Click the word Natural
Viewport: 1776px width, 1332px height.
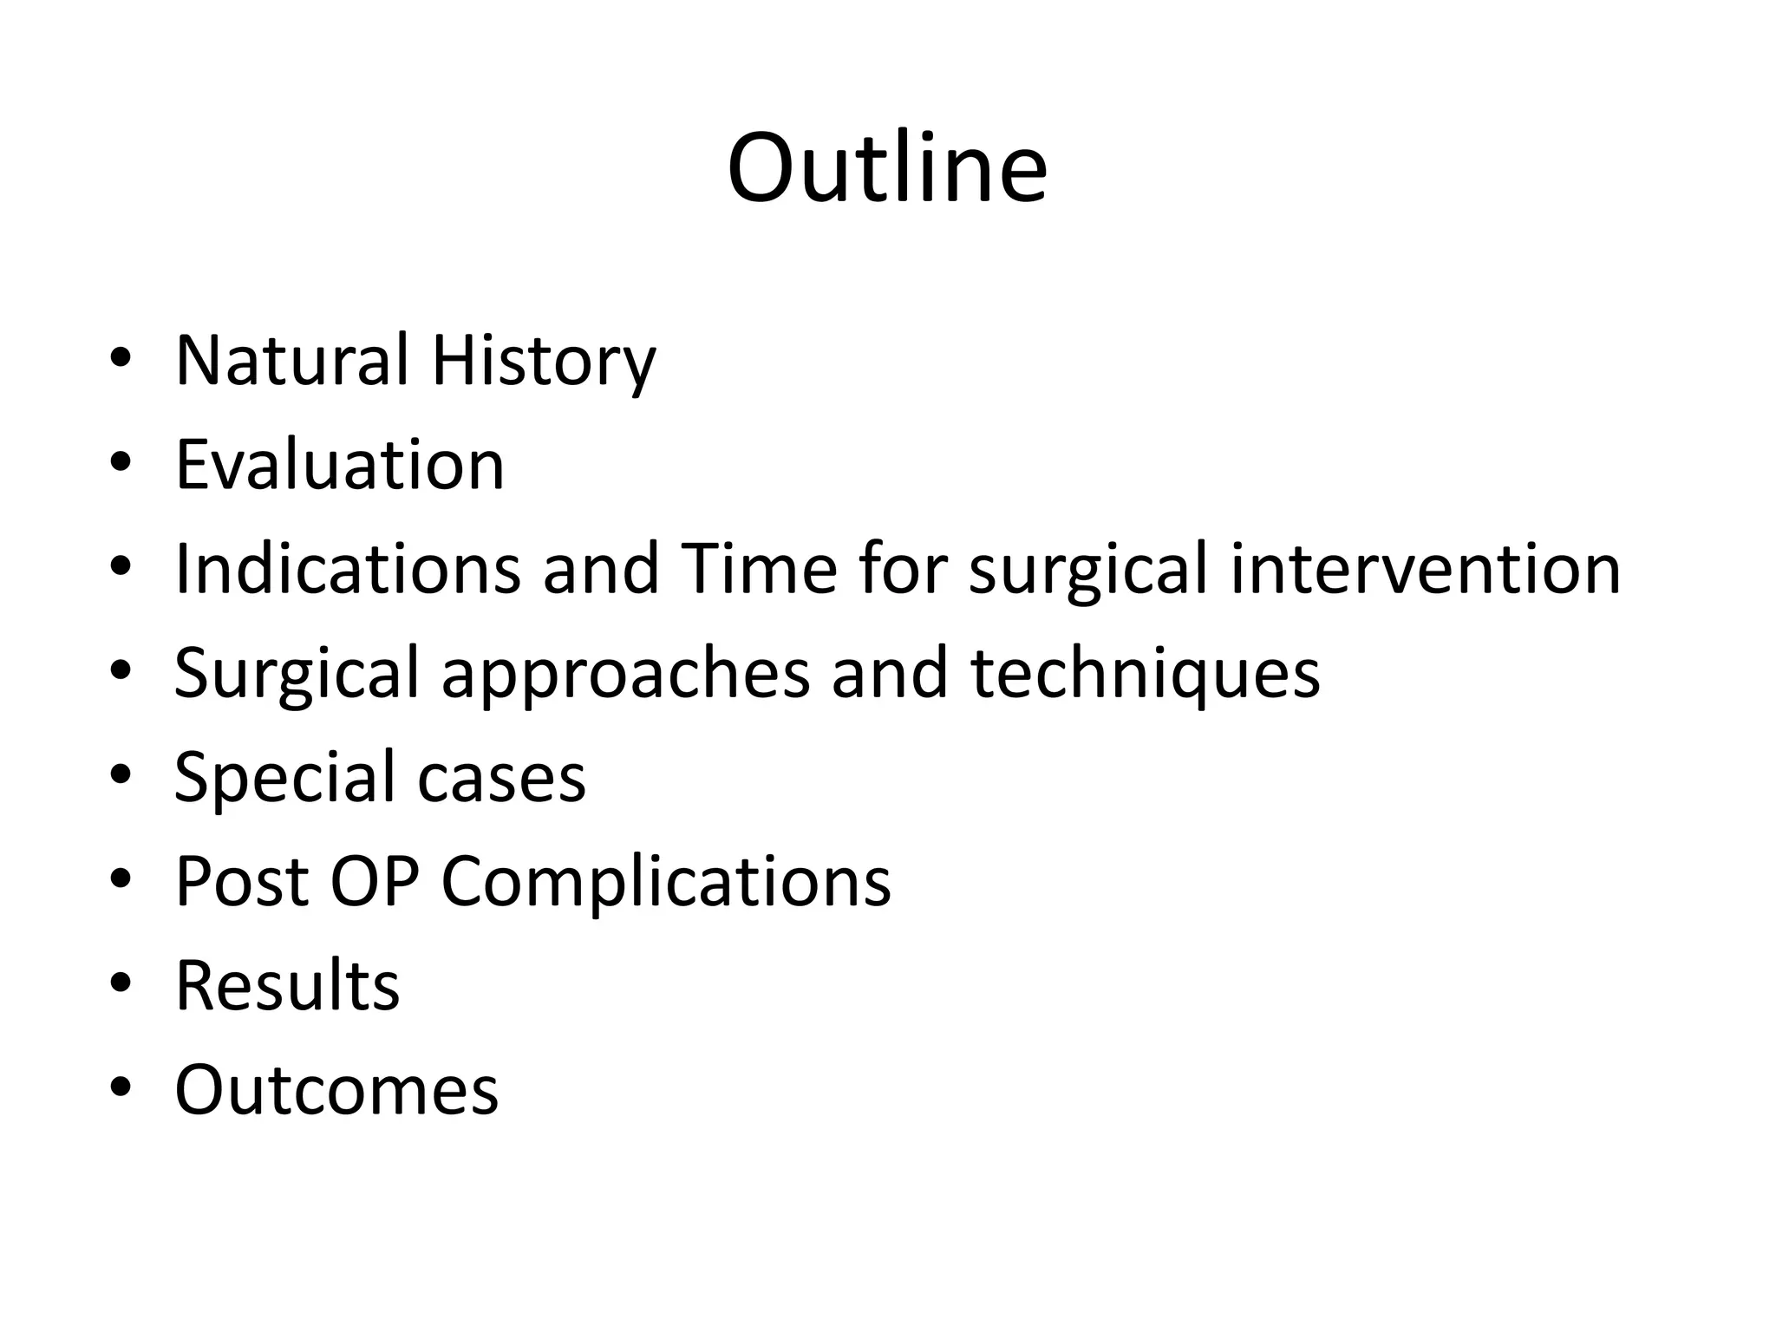(291, 360)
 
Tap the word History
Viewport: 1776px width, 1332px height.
(544, 362)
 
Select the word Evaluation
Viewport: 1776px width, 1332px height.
(339, 465)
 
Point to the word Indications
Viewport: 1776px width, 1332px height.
(347, 569)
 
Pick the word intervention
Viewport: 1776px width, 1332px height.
(1425, 569)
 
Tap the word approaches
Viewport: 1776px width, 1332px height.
(625, 675)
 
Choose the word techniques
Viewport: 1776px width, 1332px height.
(1145, 673)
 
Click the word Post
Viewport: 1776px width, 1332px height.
(242, 882)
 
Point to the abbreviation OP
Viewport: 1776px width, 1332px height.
(375, 882)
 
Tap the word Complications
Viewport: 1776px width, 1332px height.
(666, 883)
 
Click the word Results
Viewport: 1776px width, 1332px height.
(287, 986)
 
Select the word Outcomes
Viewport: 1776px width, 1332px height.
(336, 1090)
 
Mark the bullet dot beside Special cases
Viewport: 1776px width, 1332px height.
(121, 774)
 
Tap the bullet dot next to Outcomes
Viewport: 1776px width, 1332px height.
(121, 1086)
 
